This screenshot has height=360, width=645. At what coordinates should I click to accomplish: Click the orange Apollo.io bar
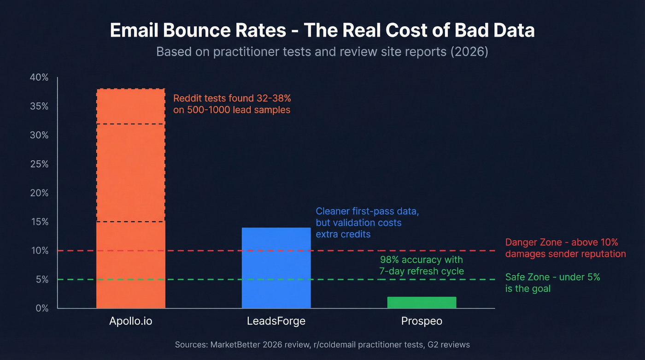(130, 198)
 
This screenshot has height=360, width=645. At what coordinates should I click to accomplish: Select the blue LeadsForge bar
(276, 268)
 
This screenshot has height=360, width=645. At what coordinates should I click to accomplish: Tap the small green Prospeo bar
(422, 302)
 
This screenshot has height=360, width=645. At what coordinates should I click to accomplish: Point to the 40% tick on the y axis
(39, 77)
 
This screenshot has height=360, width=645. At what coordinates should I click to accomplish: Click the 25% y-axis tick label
(39, 164)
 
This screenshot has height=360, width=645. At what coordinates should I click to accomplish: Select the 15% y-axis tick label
(39, 222)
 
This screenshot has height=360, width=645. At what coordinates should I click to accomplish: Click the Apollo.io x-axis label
(130, 321)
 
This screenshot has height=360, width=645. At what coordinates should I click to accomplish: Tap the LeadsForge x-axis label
(276, 321)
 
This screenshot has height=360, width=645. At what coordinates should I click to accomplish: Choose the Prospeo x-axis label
(421, 321)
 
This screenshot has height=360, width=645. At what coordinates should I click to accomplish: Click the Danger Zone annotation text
(565, 248)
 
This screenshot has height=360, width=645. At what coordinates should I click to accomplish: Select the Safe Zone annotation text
(552, 283)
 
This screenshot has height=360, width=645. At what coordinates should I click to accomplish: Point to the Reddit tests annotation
(232, 104)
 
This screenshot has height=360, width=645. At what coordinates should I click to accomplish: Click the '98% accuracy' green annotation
(421, 265)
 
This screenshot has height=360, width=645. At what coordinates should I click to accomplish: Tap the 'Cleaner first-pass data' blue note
(367, 223)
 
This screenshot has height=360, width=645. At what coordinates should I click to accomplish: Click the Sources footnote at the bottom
(322, 344)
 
